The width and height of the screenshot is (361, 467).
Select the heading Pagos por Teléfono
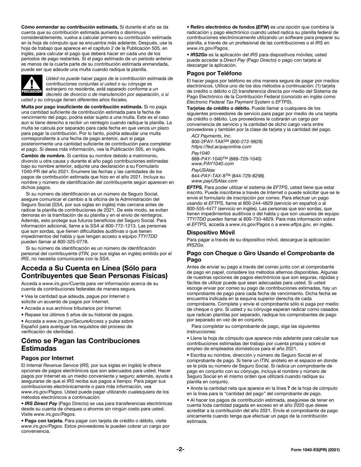click(214, 73)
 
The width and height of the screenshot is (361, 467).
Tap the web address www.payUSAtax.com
click(214, 181)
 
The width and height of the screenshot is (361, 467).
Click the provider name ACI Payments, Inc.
click(211, 136)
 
